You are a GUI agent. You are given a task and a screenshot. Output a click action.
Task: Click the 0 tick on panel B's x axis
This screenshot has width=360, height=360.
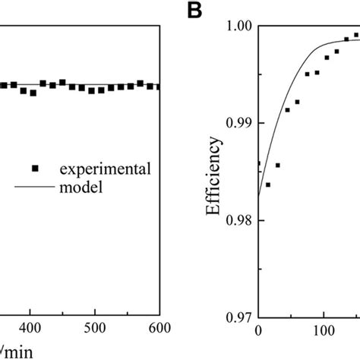point(258,333)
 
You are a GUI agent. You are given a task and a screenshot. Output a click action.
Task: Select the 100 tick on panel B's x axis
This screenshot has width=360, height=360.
point(324,333)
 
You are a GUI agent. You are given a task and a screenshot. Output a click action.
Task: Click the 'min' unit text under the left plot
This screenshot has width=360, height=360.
point(12,352)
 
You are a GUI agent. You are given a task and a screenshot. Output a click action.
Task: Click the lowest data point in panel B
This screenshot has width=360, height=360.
point(268,185)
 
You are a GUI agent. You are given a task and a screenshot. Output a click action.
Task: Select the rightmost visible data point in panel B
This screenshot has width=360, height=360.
point(356,35)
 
